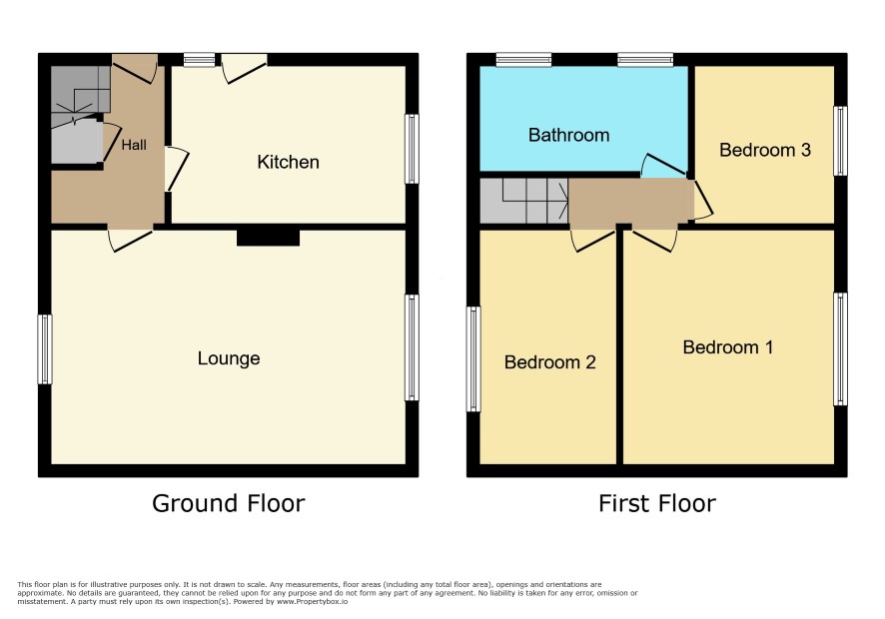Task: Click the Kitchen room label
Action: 288,163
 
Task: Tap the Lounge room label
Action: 229,358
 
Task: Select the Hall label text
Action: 134,145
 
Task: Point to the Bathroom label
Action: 569,135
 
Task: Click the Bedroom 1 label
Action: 727,347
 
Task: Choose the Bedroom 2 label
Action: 549,361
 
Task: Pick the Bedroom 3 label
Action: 765,150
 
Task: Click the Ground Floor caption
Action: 229,503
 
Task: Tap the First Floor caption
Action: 657,503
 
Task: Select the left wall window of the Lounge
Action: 45,349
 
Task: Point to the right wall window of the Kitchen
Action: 412,149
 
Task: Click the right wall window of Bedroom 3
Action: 840,141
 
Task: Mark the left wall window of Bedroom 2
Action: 473,358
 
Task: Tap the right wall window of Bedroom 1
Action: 840,348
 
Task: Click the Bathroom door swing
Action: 663,166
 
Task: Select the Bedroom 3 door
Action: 703,201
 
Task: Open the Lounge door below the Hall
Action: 131,240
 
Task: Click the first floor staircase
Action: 523,201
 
